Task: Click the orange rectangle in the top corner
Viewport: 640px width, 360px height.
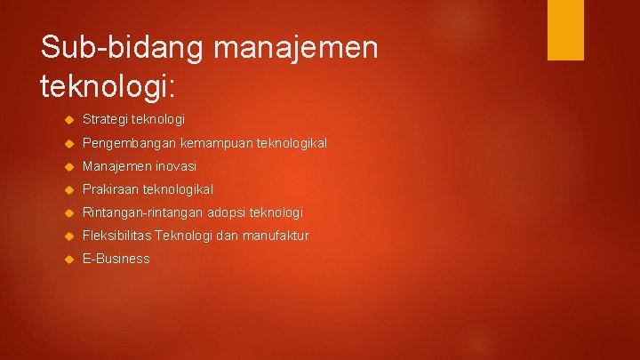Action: coord(565,29)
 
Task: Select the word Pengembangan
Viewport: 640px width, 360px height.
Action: coord(129,142)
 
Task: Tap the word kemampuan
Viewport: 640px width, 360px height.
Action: coord(212,142)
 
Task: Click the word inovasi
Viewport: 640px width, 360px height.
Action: coord(176,166)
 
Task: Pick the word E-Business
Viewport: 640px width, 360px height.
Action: coord(116,259)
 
